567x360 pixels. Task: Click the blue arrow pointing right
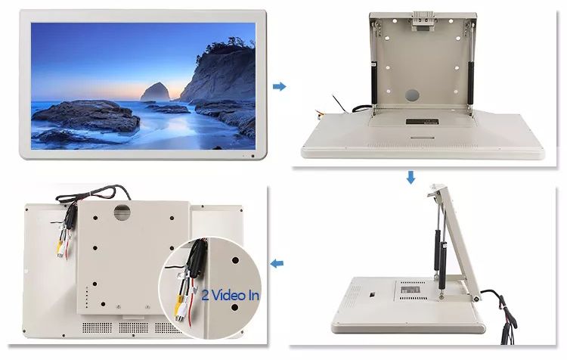(x=279, y=86)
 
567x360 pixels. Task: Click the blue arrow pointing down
(x=411, y=177)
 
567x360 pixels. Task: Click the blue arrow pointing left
(x=277, y=263)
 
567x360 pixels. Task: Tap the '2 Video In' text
(x=231, y=295)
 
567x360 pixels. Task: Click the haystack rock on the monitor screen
(x=155, y=92)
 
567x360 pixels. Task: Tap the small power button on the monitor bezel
(x=253, y=156)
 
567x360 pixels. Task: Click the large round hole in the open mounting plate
(x=412, y=95)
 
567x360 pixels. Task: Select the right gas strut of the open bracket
(x=470, y=83)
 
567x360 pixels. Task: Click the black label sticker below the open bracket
(x=422, y=122)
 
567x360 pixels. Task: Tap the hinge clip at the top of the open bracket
(x=423, y=19)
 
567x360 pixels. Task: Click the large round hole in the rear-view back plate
(x=122, y=212)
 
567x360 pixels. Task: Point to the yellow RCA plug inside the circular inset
(x=178, y=303)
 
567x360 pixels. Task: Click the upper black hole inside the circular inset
(x=235, y=260)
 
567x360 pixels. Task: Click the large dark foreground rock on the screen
(x=86, y=116)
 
